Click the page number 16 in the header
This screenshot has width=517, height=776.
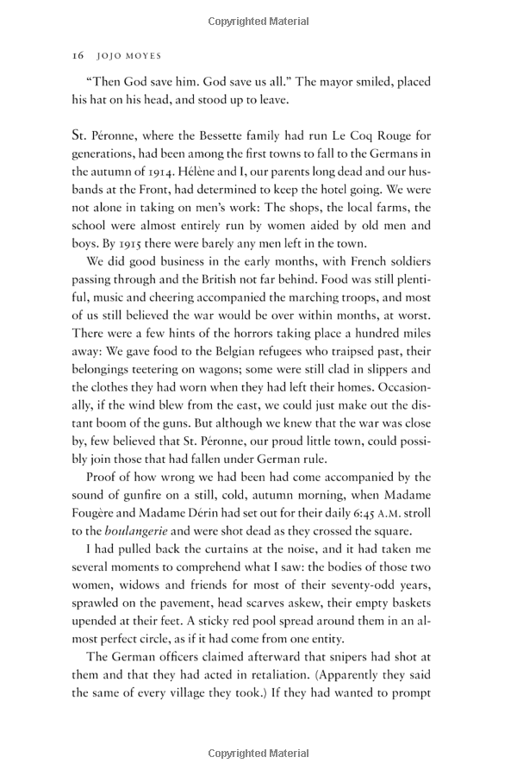77,53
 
